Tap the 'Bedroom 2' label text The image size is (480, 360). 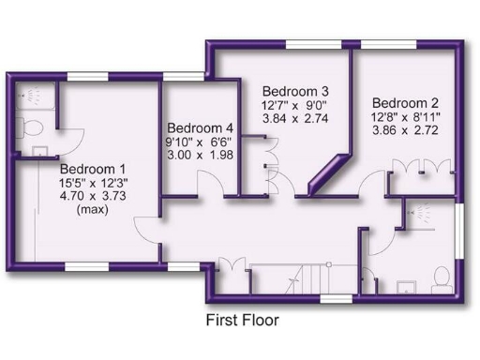point(405,102)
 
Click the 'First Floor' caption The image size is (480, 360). point(242,320)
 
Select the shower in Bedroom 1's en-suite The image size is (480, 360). point(33,95)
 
